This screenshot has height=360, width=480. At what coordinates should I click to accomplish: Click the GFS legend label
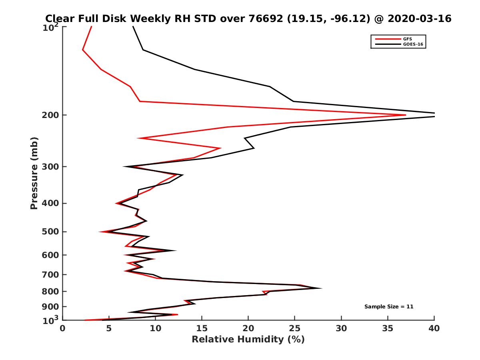click(408, 39)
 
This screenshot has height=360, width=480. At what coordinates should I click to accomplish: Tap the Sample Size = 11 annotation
click(388, 307)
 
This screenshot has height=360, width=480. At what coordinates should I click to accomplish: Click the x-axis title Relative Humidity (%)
click(248, 340)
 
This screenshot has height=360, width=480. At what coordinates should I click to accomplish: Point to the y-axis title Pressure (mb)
click(34, 173)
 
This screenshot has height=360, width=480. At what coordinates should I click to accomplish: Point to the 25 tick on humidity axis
click(295, 328)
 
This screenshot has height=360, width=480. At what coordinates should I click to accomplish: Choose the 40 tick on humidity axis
click(434, 328)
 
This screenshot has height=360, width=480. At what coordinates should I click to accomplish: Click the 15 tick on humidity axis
click(202, 328)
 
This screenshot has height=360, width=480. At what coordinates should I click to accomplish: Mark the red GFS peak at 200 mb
click(405, 115)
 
